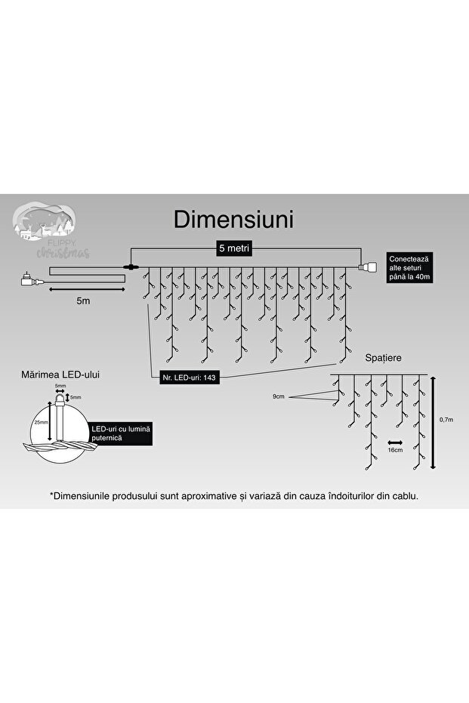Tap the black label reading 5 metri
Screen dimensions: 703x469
point(234,248)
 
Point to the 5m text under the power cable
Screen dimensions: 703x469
point(83,301)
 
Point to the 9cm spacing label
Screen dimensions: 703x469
point(279,396)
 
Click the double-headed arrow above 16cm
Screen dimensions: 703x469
point(393,441)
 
